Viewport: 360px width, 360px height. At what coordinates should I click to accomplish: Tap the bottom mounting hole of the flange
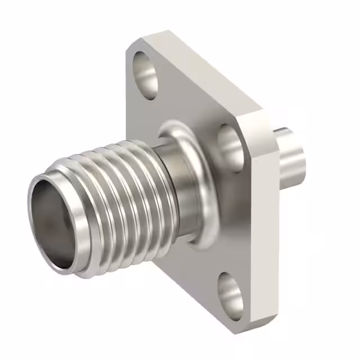pyautogui.click(x=231, y=292)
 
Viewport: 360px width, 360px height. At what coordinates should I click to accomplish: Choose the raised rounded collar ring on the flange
pyautogui.click(x=194, y=225)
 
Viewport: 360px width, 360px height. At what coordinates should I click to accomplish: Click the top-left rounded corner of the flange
pyautogui.click(x=132, y=48)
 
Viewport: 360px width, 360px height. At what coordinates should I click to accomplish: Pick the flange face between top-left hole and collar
pyautogui.click(x=163, y=107)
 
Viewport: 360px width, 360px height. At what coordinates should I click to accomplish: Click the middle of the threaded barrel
pyautogui.click(x=112, y=202)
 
